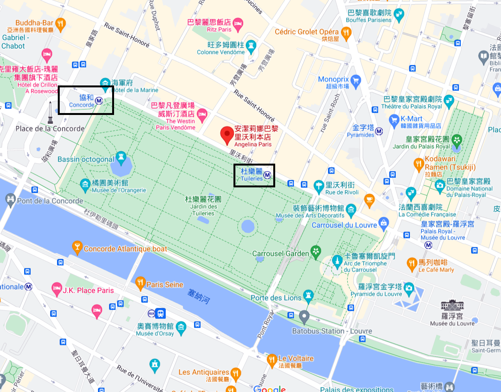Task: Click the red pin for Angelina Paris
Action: [x=227, y=135]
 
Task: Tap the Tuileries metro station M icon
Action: [x=267, y=175]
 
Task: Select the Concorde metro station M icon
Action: [x=99, y=101]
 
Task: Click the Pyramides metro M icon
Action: [x=379, y=131]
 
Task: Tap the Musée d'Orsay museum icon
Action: [x=181, y=327]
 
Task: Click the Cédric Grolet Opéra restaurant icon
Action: [x=346, y=33]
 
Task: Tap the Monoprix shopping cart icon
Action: [x=356, y=81]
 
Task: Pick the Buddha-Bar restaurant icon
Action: [x=60, y=24]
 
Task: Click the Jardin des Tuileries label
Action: [x=203, y=206]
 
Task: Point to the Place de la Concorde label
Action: [x=50, y=129]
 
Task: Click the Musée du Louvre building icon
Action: [x=452, y=305]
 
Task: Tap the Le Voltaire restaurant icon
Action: [x=272, y=359]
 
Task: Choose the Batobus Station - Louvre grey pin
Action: [x=304, y=317]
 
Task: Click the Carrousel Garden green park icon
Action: [x=315, y=251]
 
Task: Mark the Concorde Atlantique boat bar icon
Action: [x=77, y=247]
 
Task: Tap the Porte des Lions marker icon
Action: [x=308, y=295]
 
